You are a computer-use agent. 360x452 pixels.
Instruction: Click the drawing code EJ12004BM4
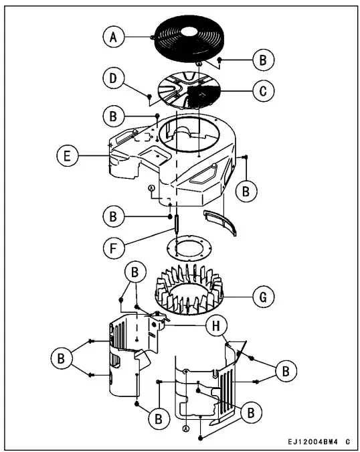[x=310, y=443]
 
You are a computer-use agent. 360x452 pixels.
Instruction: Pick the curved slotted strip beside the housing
[x=220, y=221]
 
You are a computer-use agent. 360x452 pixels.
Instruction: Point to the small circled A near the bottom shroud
[x=185, y=428]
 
